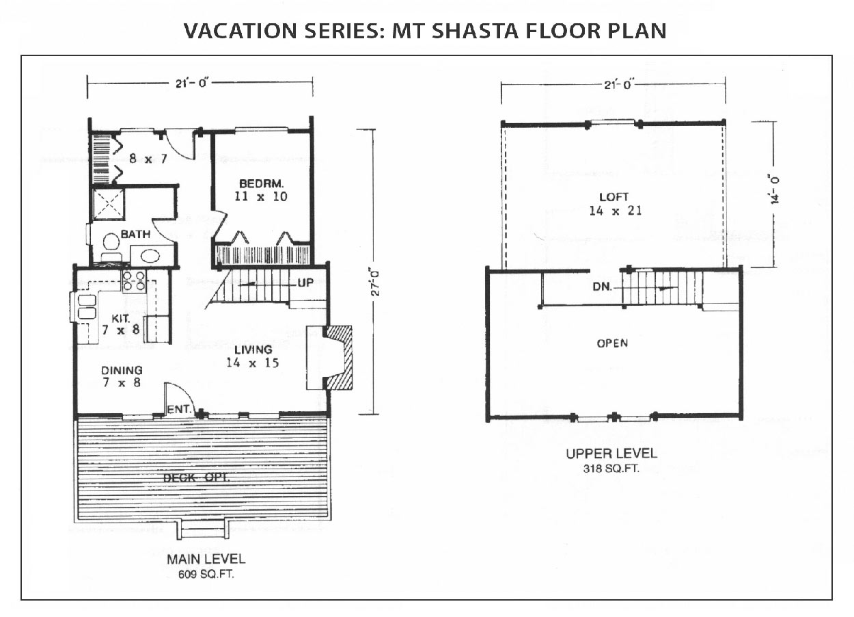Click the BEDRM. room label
[261, 183]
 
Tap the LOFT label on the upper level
[614, 197]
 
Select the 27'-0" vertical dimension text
[376, 283]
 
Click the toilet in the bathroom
[111, 246]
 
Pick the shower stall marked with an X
[109, 204]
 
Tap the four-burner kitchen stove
[134, 280]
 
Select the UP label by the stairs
[305, 283]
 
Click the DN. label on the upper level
[602, 287]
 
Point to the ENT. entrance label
[179, 409]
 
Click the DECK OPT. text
[196, 477]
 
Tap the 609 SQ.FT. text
[206, 574]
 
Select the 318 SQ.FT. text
[611, 469]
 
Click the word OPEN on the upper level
[612, 343]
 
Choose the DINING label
[122, 370]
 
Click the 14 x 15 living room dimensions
[252, 363]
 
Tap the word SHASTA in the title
[475, 31]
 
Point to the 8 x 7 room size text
[148, 158]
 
